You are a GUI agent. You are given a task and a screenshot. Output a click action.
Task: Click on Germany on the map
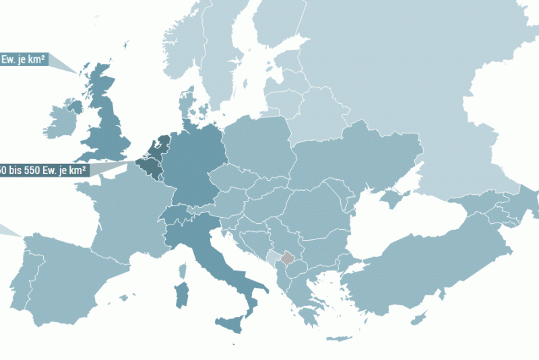click(195, 169)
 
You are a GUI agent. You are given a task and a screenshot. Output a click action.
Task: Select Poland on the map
click(259, 148)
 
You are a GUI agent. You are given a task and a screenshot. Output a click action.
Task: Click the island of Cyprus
click(421, 316)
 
